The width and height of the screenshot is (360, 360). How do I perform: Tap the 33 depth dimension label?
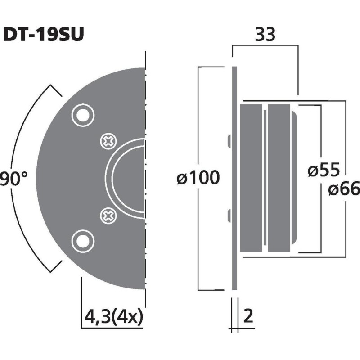pos(265,35)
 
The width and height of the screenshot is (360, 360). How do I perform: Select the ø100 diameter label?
pos(198,178)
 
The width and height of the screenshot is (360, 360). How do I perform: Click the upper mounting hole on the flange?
pos(82,115)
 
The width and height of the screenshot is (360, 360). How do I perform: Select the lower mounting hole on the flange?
pos(82,241)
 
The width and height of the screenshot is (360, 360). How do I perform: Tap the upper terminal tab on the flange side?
pos(229,140)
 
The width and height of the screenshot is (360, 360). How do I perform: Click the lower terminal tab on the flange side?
pos(229,216)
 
